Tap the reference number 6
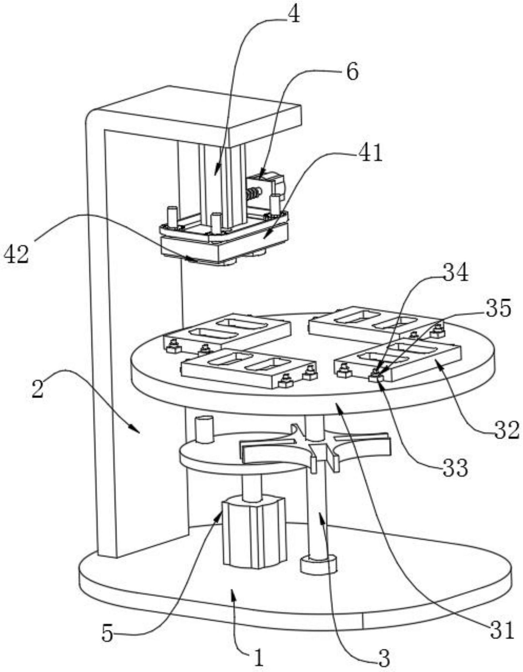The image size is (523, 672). click(x=352, y=72)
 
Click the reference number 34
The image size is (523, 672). click(x=456, y=273)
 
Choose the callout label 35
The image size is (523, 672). click(x=498, y=308)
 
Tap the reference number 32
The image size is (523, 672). click(x=506, y=430)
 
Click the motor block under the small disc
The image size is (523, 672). click(x=253, y=533)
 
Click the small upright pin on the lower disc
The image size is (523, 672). click(x=205, y=430)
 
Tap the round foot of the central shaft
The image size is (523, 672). click(x=318, y=564)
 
